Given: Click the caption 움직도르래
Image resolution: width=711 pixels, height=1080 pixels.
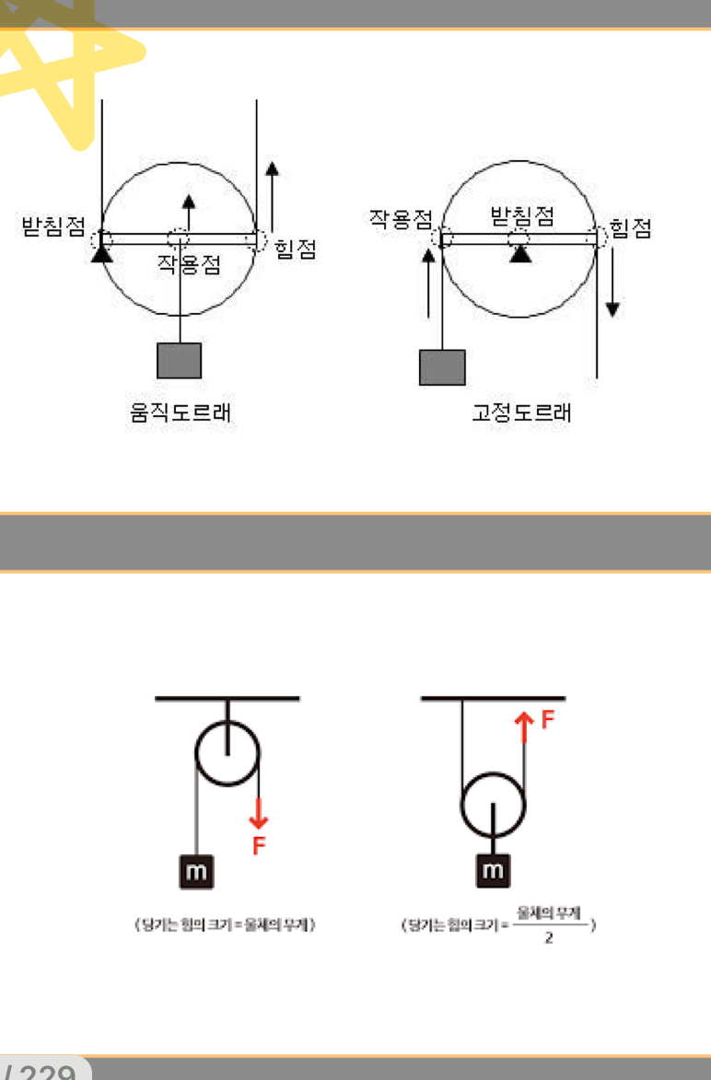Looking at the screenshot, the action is [x=180, y=413].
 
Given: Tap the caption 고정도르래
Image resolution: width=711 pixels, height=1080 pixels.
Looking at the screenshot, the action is [x=521, y=413].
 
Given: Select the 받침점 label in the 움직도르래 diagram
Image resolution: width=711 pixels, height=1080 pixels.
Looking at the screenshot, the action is [x=53, y=226].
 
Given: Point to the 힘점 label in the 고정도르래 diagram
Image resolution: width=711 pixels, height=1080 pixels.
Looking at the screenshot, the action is [x=631, y=229].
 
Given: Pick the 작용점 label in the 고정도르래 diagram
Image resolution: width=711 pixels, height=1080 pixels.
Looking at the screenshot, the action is [x=401, y=218].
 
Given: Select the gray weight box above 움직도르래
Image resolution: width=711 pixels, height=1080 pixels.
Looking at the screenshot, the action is [x=180, y=360].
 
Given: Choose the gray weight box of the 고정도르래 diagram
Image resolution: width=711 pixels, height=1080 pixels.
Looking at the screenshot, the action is [x=442, y=366].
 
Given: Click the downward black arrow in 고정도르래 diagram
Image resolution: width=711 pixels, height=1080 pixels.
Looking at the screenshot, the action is [x=612, y=295].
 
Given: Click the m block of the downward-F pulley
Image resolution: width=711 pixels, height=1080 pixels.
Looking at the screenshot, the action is [x=196, y=871].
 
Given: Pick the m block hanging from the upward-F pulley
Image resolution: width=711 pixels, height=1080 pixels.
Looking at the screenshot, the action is [x=494, y=870].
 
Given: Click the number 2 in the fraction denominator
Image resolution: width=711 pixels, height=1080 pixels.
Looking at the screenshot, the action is [x=548, y=939].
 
